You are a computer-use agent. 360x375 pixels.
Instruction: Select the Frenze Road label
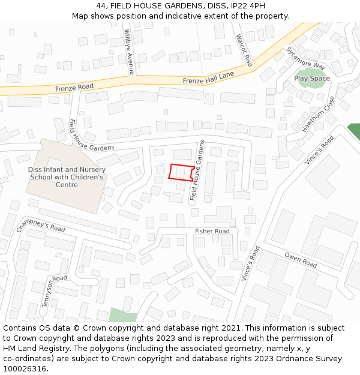(x=74, y=88)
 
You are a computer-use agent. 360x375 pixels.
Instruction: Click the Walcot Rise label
(x=244, y=50)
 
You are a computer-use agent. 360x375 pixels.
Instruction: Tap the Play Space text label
(x=311, y=79)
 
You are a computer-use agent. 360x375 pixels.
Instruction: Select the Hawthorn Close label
(x=317, y=115)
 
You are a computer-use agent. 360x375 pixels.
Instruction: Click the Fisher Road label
(x=212, y=232)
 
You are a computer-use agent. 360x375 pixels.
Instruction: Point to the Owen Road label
(x=301, y=260)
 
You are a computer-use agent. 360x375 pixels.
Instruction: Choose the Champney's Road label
(x=41, y=225)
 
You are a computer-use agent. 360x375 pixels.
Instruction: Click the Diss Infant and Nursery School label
(x=66, y=177)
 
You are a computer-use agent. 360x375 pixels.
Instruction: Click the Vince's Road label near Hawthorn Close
(x=319, y=150)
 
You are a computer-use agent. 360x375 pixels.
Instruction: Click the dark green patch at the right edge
(x=354, y=131)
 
